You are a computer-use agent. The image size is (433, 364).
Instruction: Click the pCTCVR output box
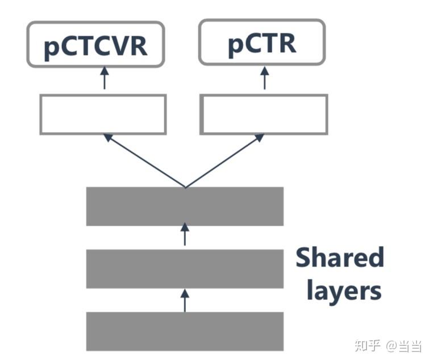click(x=95, y=44)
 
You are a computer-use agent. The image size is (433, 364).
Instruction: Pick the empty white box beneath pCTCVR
click(x=103, y=115)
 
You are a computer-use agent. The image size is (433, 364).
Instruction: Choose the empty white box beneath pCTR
click(x=264, y=115)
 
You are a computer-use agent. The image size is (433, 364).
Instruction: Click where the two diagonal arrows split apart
click(x=185, y=187)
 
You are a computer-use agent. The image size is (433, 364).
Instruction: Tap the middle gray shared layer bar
click(x=185, y=269)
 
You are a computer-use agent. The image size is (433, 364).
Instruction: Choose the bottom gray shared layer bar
click(x=185, y=331)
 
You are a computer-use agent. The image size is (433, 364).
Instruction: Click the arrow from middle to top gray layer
click(x=185, y=235)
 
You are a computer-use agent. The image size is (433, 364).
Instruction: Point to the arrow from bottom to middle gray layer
click(x=185, y=299)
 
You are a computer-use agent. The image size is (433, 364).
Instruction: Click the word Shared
click(x=340, y=259)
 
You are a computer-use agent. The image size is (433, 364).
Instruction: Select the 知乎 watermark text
click(x=367, y=345)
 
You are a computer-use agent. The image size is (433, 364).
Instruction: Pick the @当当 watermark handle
click(x=405, y=345)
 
